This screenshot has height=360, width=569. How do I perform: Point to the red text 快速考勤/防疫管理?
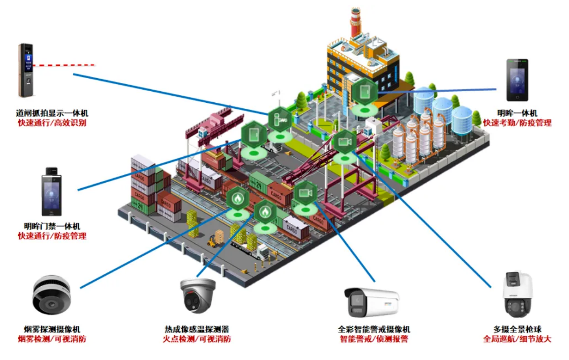click(x=517, y=123)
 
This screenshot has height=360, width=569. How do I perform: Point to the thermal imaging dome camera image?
click(x=198, y=296)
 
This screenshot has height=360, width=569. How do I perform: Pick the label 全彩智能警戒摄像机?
click(x=374, y=329)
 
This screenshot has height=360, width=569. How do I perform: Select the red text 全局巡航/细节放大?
click(x=517, y=339)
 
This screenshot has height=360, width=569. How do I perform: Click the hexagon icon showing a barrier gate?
click(x=280, y=119)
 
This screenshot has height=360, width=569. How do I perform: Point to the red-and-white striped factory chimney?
click(x=355, y=22)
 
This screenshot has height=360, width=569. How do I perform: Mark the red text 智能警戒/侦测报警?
click(x=374, y=339)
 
